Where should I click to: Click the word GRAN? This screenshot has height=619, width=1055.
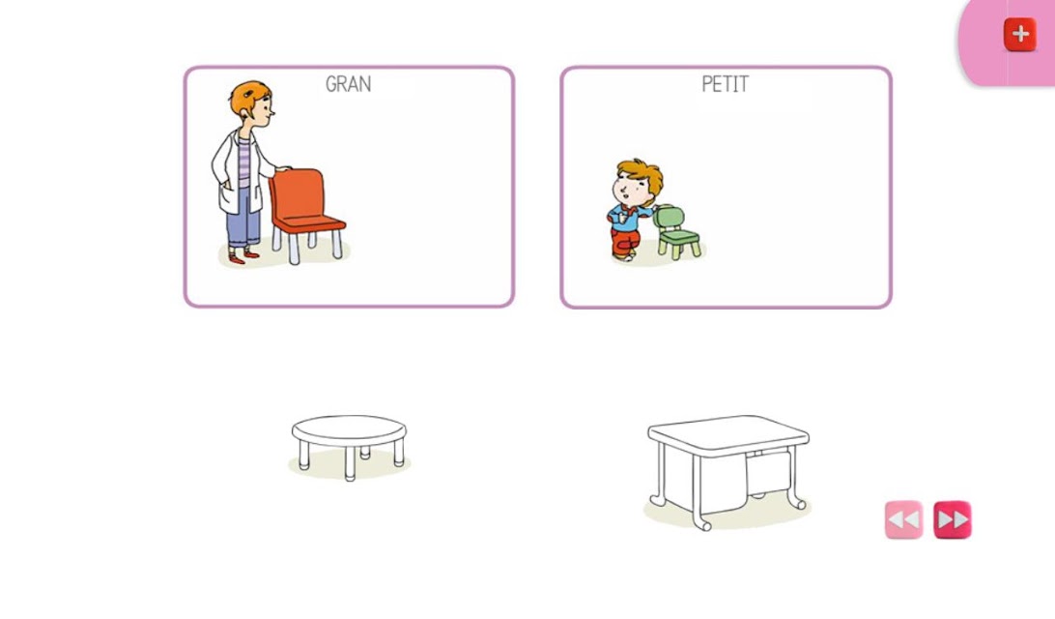pos(348,84)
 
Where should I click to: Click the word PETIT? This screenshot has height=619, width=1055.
pos(725,84)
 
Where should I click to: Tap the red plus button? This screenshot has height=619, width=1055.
pos(1020,34)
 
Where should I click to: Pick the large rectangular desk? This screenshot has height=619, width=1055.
pos(728,470)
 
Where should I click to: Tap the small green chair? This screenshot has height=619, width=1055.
pos(677,232)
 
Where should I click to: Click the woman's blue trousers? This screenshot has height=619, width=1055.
pos(243,216)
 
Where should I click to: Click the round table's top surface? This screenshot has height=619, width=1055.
pos(349,428)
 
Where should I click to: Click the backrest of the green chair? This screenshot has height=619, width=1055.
pos(669,218)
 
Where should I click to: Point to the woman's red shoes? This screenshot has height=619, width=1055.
pos(243,256)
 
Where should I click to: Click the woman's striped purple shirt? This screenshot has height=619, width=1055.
pos(244,162)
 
